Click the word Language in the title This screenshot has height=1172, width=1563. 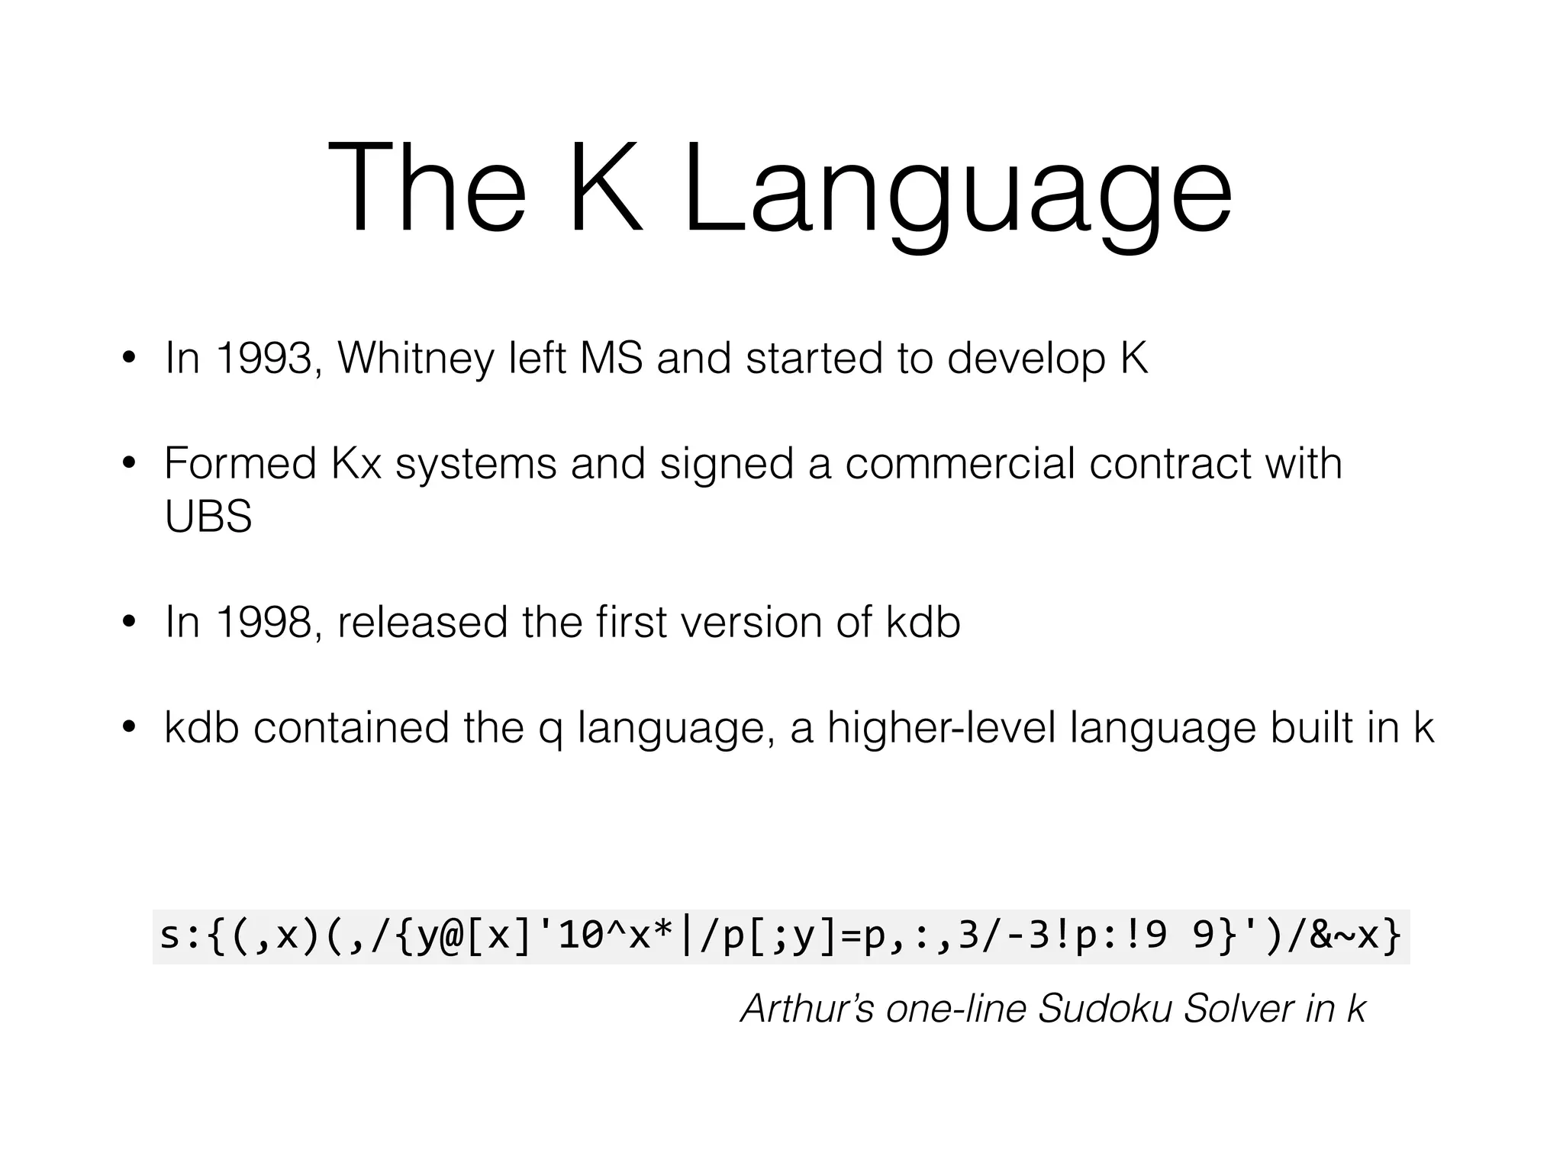(x=957, y=191)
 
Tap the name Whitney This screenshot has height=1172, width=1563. (x=415, y=359)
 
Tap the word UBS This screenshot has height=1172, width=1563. (x=208, y=517)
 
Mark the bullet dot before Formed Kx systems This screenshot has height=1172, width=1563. (x=128, y=464)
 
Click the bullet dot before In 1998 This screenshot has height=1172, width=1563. (x=128, y=623)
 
